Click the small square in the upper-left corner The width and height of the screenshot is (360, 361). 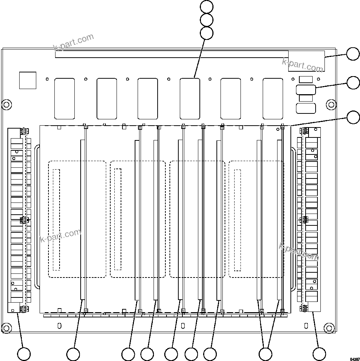click(28, 80)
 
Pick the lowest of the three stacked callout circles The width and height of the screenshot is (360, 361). click(206, 33)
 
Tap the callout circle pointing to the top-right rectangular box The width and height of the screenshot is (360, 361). click(353, 54)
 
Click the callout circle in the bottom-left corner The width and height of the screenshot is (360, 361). click(24, 354)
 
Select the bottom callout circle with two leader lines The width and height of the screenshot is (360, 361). click(265, 354)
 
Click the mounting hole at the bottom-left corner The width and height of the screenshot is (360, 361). click(6, 327)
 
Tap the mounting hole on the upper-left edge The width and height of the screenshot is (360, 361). click(6, 105)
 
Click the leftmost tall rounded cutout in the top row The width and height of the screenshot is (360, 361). click(64, 99)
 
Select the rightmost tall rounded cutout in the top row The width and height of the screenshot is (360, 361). click(273, 99)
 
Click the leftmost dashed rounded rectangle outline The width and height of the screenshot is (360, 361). click(77, 219)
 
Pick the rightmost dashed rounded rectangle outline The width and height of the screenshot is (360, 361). click(256, 219)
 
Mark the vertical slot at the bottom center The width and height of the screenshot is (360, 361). click(183, 326)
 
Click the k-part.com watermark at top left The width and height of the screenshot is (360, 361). click(74, 42)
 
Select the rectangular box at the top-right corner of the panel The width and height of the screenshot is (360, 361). click(306, 61)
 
